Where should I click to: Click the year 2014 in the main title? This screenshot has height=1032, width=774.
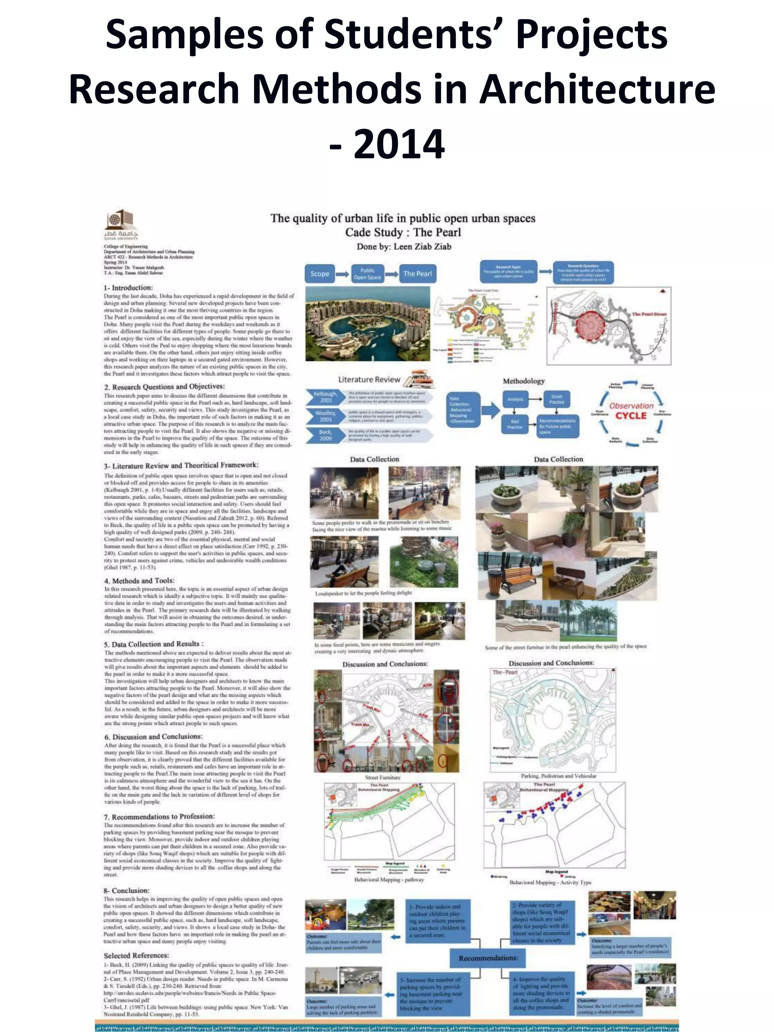(x=398, y=145)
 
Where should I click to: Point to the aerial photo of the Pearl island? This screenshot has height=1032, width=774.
(x=367, y=323)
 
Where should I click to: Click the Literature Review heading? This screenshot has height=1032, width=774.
(x=369, y=379)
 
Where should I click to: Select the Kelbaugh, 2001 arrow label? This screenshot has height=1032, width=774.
(x=325, y=397)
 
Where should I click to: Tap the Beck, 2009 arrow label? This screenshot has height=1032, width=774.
(x=325, y=435)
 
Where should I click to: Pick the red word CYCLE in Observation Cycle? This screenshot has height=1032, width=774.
(x=631, y=416)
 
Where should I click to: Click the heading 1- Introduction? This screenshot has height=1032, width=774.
(x=128, y=288)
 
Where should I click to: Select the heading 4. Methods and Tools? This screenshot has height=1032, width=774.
(x=139, y=580)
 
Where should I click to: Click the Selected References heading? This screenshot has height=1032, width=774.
(x=136, y=955)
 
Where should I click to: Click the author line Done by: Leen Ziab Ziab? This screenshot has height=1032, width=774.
(x=404, y=246)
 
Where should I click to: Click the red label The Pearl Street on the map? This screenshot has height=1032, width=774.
(x=649, y=314)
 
